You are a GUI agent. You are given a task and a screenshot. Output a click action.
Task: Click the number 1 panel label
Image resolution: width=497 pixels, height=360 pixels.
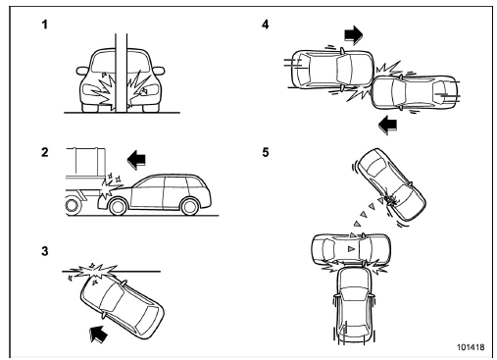pos(45,25)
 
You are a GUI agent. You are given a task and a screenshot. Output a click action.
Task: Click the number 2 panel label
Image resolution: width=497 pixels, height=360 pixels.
pos(45,152)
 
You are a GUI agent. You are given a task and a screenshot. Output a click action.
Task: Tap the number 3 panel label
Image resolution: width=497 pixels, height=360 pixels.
pos(45,251)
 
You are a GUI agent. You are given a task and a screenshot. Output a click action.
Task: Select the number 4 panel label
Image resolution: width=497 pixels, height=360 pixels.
pos(266,25)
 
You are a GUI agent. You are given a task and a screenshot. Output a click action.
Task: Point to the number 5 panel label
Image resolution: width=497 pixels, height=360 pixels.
pos(266,152)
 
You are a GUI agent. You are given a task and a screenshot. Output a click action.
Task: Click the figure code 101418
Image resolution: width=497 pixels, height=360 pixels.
pos(471,347)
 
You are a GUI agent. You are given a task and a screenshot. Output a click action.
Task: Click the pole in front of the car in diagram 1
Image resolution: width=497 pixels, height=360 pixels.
pos(121,73)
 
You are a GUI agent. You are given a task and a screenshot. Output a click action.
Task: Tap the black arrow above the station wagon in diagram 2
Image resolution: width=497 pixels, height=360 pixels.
pos(136,159)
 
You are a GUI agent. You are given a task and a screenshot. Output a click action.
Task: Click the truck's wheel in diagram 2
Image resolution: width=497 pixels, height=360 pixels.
pos(73,205)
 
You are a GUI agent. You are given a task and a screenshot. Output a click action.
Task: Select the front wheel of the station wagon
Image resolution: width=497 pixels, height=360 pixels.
pos(118,206)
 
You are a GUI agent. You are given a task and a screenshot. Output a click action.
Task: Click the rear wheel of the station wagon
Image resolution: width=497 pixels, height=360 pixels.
pos(190,206)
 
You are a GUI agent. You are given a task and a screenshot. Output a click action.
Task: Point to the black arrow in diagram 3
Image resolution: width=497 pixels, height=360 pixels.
pos(99,334)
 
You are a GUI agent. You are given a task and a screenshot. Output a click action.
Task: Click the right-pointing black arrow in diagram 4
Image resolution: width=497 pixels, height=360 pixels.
pos(354,34)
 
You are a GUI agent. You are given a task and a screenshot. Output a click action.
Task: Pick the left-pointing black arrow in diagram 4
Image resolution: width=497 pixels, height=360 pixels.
pos(388,125)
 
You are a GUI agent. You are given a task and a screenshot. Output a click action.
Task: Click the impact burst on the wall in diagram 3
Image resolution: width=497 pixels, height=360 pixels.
pos(95,272)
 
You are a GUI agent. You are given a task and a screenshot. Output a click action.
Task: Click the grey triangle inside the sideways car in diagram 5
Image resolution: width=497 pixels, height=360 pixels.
pos(351,249)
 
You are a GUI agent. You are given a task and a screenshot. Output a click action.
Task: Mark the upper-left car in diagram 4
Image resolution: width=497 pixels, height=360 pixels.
pos(332,69)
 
